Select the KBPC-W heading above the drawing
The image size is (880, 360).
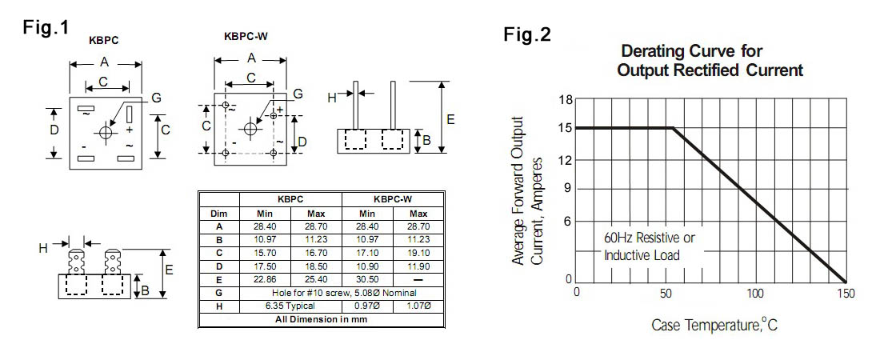246,37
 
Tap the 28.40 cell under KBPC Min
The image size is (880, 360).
266,226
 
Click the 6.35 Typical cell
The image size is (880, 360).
266,306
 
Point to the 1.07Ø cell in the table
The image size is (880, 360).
418,306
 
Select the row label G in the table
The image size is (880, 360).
219,294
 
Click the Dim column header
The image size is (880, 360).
219,214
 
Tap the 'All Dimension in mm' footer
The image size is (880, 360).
321,318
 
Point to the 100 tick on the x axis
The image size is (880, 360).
756,294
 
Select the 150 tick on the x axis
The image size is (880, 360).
846,294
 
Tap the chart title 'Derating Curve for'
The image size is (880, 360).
691,52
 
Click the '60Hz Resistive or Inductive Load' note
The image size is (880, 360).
650,247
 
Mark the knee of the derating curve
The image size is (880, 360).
674,128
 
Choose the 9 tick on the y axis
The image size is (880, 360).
568,190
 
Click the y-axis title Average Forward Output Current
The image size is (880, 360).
526,192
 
